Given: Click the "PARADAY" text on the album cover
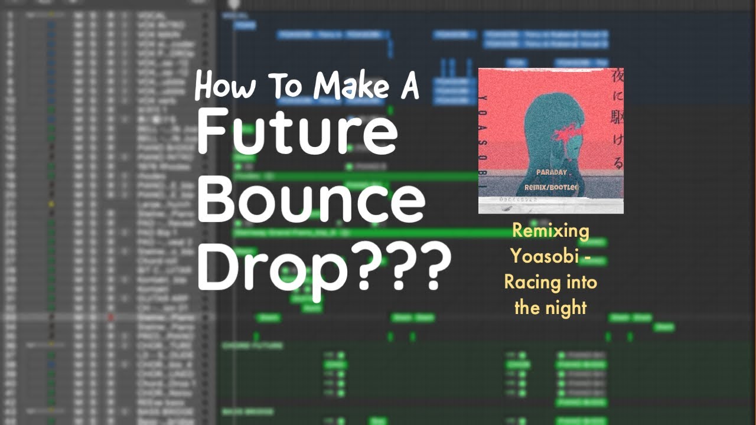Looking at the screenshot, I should click(552, 172).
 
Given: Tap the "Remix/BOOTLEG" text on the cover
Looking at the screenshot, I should click(551, 187).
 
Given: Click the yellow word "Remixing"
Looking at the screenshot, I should click(550, 231).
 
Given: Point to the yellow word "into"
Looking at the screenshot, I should click(581, 282).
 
